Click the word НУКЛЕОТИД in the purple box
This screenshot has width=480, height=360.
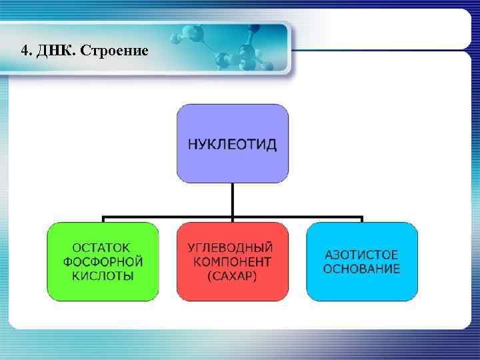(x=232, y=145)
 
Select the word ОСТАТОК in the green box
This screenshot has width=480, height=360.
(x=103, y=247)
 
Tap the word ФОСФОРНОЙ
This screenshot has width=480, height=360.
(x=103, y=261)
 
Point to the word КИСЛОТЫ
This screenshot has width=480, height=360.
(x=103, y=275)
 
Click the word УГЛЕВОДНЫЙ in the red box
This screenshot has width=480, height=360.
(x=232, y=247)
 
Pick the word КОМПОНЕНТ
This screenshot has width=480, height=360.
(x=232, y=261)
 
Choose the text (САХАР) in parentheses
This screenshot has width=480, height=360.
(x=232, y=275)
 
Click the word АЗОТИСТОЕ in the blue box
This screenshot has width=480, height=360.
(x=361, y=255)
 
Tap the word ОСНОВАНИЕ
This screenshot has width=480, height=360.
(x=361, y=269)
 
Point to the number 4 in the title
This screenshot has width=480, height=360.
(x=25, y=51)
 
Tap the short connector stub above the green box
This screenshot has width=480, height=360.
(x=103, y=219)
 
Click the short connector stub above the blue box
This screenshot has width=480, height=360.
(x=361, y=219)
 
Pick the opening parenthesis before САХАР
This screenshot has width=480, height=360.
(x=210, y=275)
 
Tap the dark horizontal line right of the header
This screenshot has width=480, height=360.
(x=380, y=51)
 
